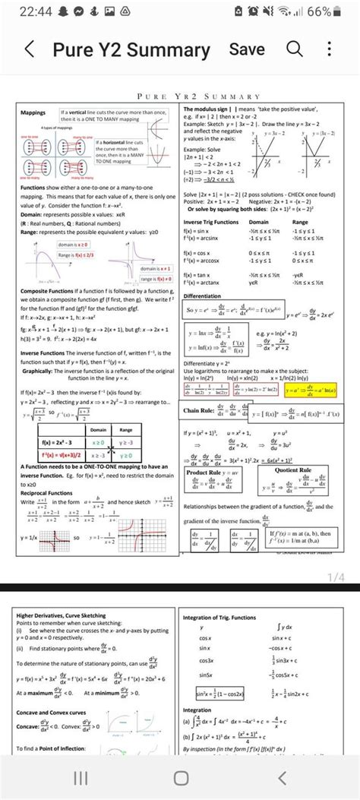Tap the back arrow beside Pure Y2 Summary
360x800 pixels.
point(29,51)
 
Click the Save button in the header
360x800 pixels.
point(248,49)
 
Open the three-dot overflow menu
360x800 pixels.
point(329,50)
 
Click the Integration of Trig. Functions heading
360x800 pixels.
point(219,618)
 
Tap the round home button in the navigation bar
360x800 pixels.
point(180,776)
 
